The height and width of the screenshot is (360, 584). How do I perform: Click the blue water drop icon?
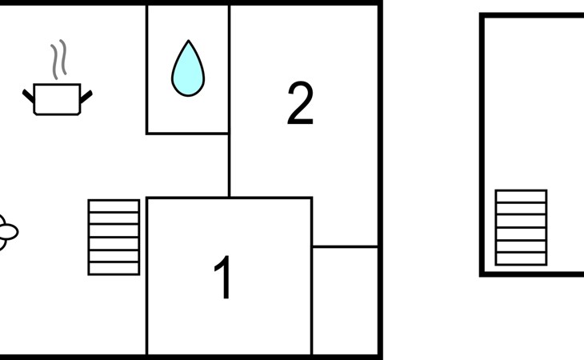(x=188, y=69)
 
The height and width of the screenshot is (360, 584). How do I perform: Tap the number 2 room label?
(x=300, y=103)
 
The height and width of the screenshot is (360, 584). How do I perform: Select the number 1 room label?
(x=222, y=277)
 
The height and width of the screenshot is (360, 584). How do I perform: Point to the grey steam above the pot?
(x=59, y=59)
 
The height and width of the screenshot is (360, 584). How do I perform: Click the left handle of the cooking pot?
(x=28, y=96)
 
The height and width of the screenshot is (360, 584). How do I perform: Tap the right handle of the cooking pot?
(x=86, y=97)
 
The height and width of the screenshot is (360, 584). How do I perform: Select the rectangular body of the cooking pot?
(x=57, y=99)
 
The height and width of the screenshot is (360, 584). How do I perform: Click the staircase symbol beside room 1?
(x=114, y=237)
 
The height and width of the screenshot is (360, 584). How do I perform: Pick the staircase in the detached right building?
(x=521, y=228)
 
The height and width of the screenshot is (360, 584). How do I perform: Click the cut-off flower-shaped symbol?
(x=7, y=232)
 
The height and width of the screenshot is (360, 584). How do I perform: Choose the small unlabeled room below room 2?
(x=345, y=301)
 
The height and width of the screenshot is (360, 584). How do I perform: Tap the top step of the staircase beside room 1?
(x=114, y=206)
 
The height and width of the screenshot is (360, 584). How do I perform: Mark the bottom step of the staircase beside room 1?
(x=114, y=269)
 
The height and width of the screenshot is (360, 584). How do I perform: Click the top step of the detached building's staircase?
(x=521, y=197)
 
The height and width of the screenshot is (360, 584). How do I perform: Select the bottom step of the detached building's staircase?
(x=521, y=259)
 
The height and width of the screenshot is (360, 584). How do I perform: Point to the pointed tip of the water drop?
(x=189, y=40)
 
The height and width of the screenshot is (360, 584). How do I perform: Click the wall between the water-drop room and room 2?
(x=229, y=69)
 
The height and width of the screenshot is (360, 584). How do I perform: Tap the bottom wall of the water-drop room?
(x=187, y=133)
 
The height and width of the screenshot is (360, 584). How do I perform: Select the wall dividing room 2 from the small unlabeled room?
(x=345, y=246)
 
